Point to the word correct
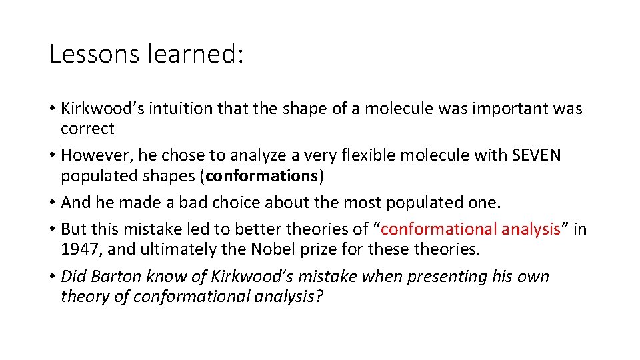tap(87, 128)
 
